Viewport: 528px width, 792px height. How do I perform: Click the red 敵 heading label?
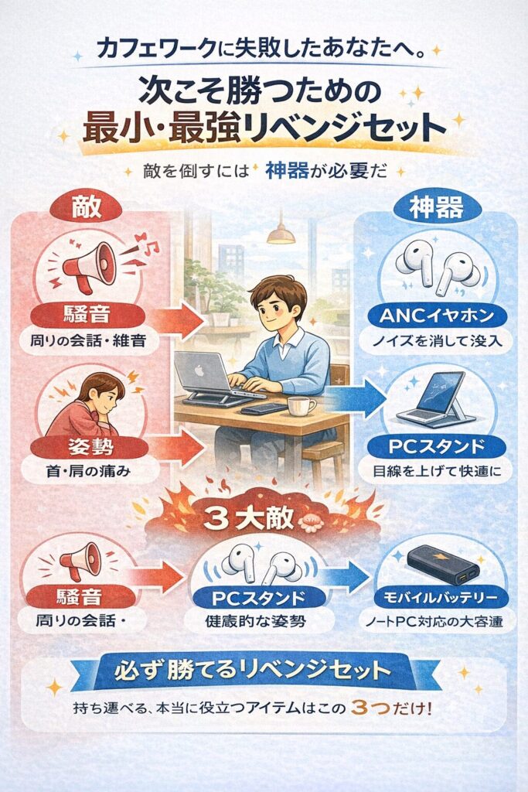[85, 206]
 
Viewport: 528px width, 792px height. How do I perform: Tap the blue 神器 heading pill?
[438, 207]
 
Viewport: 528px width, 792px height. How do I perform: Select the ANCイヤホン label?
[438, 316]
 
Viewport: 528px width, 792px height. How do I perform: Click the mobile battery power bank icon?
[438, 562]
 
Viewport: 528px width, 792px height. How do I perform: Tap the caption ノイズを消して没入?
[438, 340]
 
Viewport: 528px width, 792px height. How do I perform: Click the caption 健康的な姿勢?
[263, 621]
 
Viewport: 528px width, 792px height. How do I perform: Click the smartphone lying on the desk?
[262, 408]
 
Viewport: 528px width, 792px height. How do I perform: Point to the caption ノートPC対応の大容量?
[438, 621]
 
